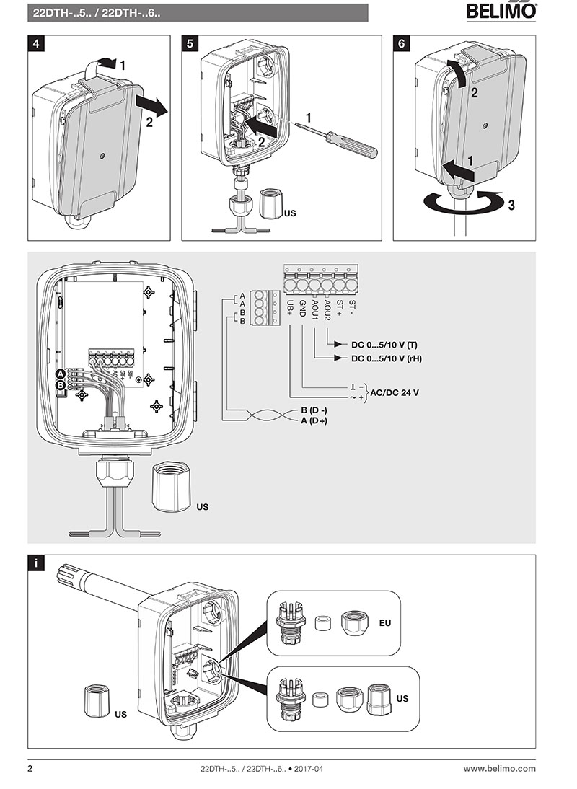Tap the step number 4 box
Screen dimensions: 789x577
(37, 43)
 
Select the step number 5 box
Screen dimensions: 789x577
(190, 43)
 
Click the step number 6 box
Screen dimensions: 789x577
(402, 43)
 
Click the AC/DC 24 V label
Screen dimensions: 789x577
(395, 393)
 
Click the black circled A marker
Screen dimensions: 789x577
(61, 374)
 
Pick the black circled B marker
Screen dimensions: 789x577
(61, 386)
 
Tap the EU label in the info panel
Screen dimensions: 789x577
(385, 622)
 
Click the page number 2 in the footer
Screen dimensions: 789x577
(30, 769)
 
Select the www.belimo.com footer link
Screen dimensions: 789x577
(499, 769)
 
